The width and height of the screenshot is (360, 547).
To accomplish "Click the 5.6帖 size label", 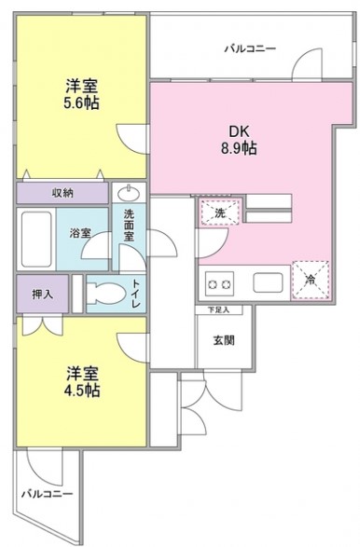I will click(x=81, y=103).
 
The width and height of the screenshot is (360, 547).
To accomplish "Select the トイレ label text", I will click(x=136, y=293).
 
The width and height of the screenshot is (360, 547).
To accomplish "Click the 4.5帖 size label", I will click(x=81, y=391).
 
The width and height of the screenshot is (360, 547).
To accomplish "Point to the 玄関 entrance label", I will click(x=223, y=340).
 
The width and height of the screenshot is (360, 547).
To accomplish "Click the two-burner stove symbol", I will click(x=219, y=284).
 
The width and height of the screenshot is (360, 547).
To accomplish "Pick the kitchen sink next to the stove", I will click(x=268, y=283).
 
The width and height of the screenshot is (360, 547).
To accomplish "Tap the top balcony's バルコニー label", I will click(x=249, y=48).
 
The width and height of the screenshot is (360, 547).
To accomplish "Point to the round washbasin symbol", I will click(x=128, y=196).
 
